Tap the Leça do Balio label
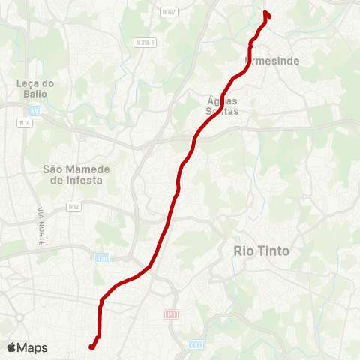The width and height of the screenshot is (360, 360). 31,88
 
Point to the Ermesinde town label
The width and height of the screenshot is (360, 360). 271,60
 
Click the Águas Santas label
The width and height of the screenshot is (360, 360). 223,105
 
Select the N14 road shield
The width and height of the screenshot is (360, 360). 26,121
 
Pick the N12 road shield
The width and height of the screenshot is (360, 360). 73,206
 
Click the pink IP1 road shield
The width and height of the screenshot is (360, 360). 171,315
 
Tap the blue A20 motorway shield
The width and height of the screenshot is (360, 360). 102,258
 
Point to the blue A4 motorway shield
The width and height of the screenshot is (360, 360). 34,110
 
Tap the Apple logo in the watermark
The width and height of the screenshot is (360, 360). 11,347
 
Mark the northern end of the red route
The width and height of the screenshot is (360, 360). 267,13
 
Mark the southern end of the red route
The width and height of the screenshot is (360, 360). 91,346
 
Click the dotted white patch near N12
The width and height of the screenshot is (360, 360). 112,219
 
